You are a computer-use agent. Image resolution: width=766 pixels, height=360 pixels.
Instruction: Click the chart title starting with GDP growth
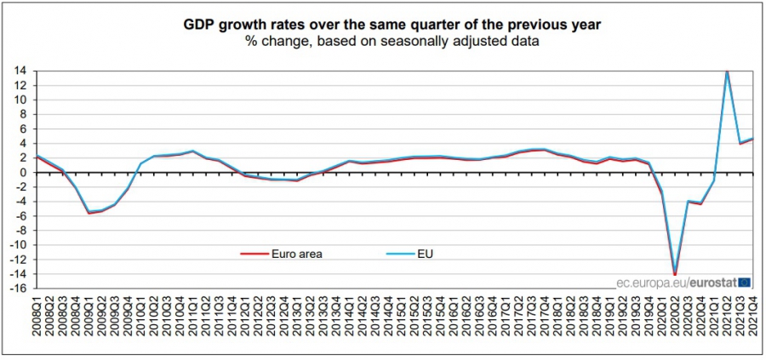pos(392,25)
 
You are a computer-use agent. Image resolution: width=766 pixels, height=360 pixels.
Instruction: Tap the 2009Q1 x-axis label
pos(88,326)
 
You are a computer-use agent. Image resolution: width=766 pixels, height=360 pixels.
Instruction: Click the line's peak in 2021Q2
pos(727,71)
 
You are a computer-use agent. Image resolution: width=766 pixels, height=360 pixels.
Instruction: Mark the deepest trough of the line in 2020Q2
pos(675,273)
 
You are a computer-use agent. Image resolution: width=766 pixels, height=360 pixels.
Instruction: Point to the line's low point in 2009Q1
pos(89,212)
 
